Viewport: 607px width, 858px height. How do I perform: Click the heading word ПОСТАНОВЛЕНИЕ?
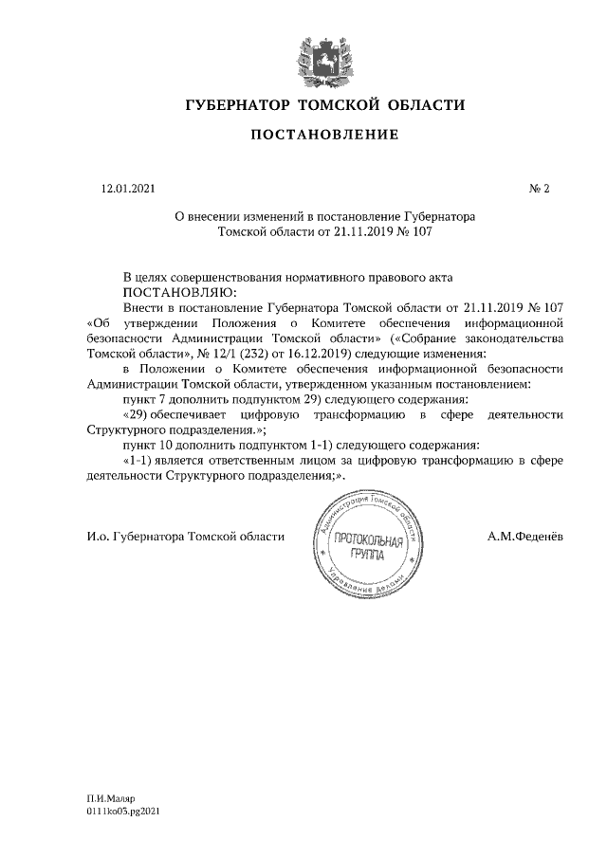click(x=324, y=136)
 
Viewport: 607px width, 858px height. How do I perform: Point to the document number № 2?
click(x=540, y=190)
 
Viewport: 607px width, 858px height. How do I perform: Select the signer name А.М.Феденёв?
click(x=524, y=537)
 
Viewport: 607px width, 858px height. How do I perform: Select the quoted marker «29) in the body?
click(x=139, y=414)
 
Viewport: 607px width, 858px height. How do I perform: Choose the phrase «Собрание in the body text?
click(x=414, y=338)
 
